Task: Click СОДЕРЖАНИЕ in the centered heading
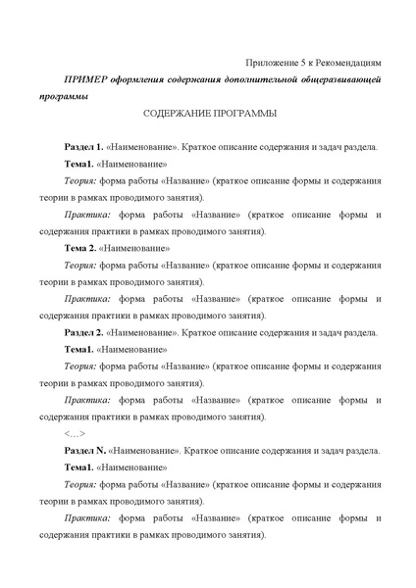174,113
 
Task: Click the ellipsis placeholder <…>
74,434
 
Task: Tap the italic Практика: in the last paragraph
87,518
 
